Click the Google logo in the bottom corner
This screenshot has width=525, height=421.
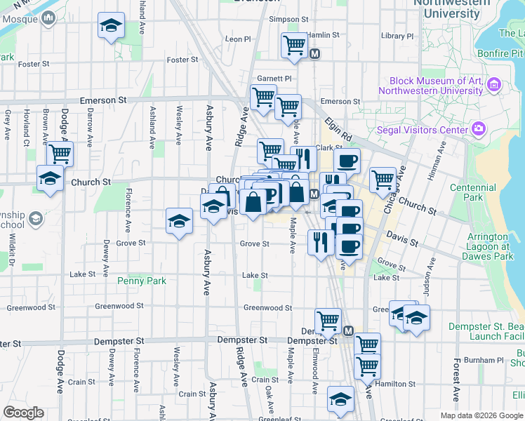tap(23, 413)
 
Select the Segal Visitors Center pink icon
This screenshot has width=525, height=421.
tap(479, 129)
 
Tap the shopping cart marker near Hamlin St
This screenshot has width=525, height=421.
tap(294, 45)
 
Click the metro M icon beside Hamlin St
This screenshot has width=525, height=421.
tap(315, 53)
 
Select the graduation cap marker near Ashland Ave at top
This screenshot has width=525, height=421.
tap(111, 25)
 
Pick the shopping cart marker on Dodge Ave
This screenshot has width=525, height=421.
tap(60, 152)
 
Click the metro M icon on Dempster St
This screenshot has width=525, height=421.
tap(349, 330)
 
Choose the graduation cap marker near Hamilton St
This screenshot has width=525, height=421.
tap(341, 398)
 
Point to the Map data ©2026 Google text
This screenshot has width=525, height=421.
tap(481, 415)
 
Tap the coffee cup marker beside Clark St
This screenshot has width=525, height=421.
tap(347, 161)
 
